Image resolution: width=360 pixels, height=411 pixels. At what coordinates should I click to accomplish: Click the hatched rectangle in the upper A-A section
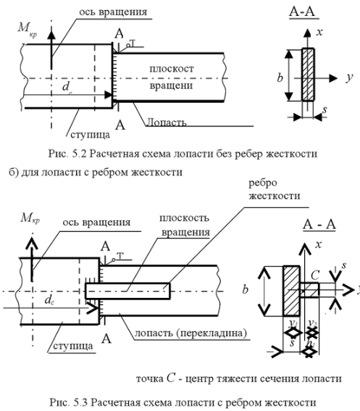(x=308, y=75)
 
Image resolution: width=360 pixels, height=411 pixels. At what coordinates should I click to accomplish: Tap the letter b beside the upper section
(x=280, y=78)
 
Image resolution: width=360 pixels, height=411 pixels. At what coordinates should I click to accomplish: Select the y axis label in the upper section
(x=349, y=78)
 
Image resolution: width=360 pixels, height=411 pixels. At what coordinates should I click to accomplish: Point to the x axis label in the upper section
(x=319, y=32)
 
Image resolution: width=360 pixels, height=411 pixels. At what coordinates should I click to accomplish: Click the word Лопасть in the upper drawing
(x=166, y=123)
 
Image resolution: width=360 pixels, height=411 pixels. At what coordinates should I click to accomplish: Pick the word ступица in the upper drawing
(x=90, y=135)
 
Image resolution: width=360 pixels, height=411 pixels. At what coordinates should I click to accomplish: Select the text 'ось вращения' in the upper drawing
(x=113, y=12)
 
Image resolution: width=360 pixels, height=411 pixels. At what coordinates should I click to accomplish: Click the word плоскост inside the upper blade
(x=172, y=69)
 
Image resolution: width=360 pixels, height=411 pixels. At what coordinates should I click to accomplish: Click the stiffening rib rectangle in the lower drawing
(x=128, y=291)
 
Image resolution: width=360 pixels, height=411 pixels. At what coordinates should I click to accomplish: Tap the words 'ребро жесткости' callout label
(x=274, y=189)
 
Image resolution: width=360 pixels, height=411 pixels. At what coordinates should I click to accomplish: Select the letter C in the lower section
(x=315, y=275)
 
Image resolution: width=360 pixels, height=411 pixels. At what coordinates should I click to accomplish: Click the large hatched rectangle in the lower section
(x=292, y=291)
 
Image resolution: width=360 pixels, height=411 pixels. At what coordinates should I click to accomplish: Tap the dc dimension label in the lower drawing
(x=49, y=299)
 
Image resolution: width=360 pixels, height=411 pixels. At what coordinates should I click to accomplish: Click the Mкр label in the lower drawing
(x=30, y=218)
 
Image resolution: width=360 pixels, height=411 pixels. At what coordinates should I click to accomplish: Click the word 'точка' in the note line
(x=150, y=379)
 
